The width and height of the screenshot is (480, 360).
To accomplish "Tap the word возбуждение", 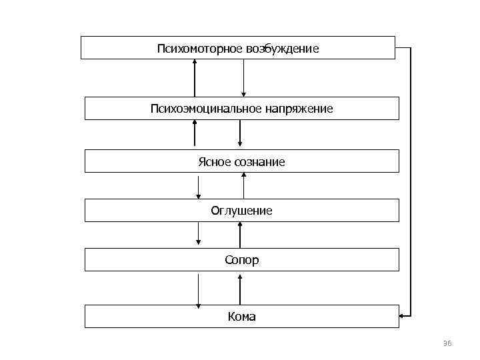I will tap(282, 49).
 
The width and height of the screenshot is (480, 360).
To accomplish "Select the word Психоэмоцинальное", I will tap(200, 108).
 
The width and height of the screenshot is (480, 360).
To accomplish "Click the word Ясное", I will tap(214, 162).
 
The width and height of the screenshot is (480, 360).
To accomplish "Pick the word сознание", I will tap(259, 162).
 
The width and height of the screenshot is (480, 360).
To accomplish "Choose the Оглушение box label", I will tap(241, 211).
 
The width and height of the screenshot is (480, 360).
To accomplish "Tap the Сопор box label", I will tap(241, 260).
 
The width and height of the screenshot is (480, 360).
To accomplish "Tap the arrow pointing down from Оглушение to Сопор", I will tap(199, 234).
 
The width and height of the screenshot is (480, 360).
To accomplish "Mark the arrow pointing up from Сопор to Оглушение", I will tap(241, 234).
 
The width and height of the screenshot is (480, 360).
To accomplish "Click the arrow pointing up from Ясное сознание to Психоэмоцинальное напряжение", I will tap(195, 133).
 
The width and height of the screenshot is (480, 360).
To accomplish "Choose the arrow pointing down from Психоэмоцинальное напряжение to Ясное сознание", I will tap(240, 133).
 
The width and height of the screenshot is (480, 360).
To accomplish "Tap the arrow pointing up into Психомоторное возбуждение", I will tap(195, 77).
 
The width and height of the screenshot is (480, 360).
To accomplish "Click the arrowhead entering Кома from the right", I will tap(403, 315).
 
